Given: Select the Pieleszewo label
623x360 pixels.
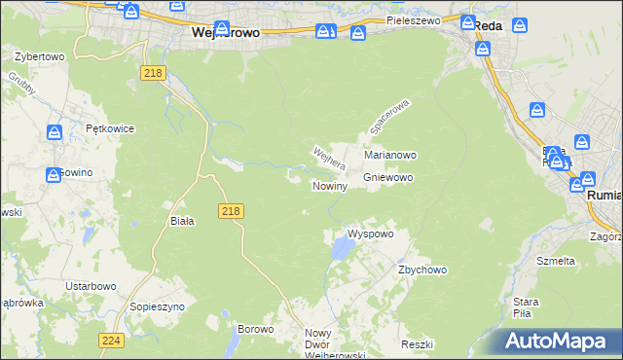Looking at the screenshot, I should [413, 19].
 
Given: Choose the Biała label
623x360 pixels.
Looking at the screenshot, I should [182, 221].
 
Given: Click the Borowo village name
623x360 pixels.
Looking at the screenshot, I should [255, 329].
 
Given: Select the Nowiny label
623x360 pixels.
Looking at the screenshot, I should [330, 186].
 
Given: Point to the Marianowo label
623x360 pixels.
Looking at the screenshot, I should [390, 155].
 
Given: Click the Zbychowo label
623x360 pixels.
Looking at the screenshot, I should [421, 270].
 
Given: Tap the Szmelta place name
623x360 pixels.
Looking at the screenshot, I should [556, 261].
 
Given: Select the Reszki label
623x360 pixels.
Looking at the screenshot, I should [416, 345].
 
